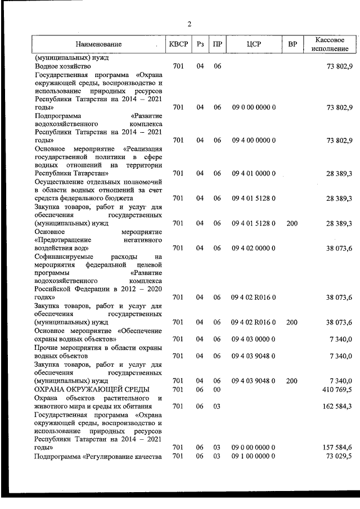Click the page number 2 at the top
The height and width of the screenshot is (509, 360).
(190, 24)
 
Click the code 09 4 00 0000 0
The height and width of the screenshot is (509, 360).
(253, 140)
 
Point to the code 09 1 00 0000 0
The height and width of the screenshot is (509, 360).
(253, 455)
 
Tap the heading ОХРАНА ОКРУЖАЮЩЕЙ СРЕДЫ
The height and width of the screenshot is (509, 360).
(91, 389)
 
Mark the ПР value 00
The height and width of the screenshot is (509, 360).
(217, 389)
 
